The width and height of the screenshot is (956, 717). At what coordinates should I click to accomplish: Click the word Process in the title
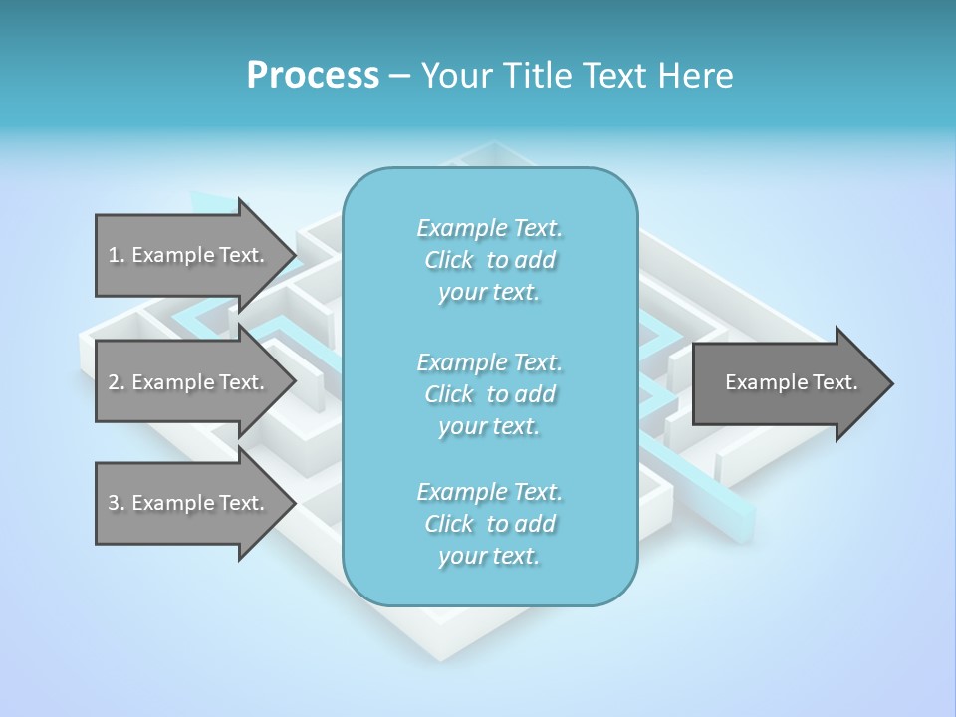point(313,75)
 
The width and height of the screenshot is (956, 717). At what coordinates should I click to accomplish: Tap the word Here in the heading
point(696,75)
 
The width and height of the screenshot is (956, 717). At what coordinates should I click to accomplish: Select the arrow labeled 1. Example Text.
point(189,255)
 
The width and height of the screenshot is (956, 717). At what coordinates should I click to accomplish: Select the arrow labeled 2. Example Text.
point(189,382)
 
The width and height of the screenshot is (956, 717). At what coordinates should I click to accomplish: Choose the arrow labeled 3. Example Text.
point(189,503)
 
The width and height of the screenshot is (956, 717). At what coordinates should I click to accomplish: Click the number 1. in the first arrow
point(117,255)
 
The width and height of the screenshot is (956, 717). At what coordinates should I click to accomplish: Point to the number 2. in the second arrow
point(117,382)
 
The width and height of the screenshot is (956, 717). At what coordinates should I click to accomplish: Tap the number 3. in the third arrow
point(117,503)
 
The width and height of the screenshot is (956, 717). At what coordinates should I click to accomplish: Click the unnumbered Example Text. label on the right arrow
point(791,382)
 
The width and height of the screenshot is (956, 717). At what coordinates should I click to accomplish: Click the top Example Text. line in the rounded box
point(489,228)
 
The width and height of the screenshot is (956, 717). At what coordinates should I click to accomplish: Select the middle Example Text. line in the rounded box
point(489,362)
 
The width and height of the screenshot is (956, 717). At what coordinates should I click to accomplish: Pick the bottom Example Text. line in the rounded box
point(489,492)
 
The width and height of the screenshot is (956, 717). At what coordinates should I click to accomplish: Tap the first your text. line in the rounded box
point(489,293)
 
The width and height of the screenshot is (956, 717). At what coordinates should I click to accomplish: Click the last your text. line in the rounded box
point(489,556)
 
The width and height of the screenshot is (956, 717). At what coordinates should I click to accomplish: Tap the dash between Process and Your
point(399,76)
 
